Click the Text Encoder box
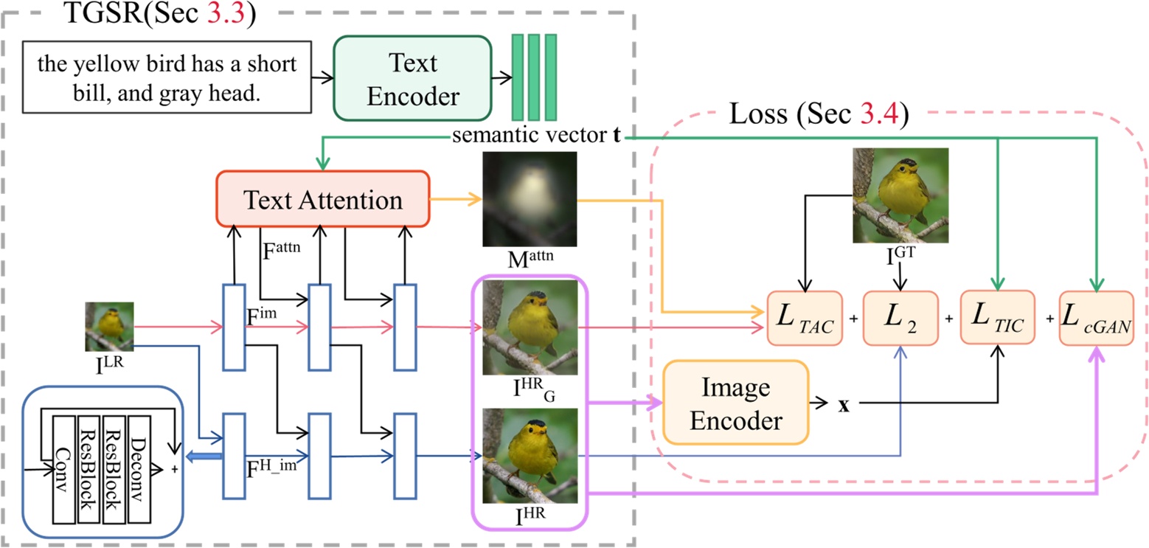(x=412, y=79)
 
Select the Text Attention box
(x=322, y=201)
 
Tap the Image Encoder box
(x=735, y=403)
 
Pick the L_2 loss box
(x=900, y=319)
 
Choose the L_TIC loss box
(x=997, y=319)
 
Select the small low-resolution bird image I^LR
(x=109, y=327)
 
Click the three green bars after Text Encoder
(x=533, y=77)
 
